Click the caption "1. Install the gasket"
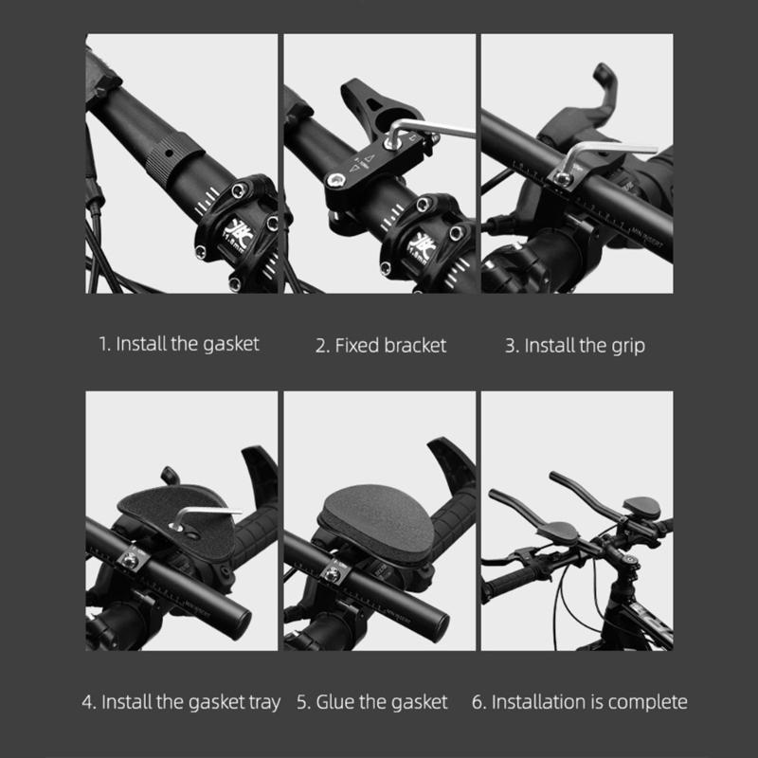pyautogui.click(x=179, y=344)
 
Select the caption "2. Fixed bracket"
pyautogui.click(x=380, y=345)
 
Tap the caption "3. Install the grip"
pyautogui.click(x=574, y=345)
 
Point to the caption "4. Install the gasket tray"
pyautogui.click(x=180, y=702)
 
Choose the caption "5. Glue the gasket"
pyautogui.click(x=371, y=702)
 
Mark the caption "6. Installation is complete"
pyautogui.click(x=579, y=702)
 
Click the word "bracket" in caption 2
pyautogui.click(x=415, y=345)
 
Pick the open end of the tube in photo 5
pyautogui.click(x=437, y=626)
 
